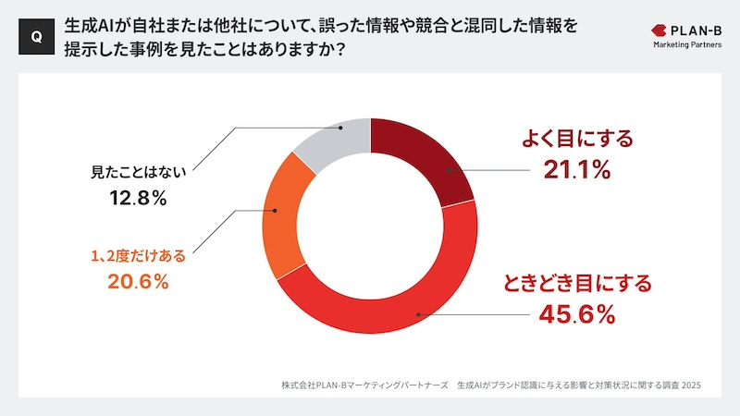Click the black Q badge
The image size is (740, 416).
tap(35, 36)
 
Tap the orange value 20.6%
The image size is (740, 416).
tap(136, 283)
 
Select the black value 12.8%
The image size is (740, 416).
tap(136, 197)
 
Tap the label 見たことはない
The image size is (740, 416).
tap(136, 171)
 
